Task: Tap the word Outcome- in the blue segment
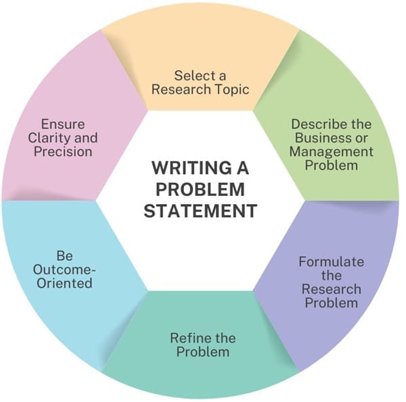pos(65,270)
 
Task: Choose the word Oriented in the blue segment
pos(65,283)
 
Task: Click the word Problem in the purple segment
pos(332,302)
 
